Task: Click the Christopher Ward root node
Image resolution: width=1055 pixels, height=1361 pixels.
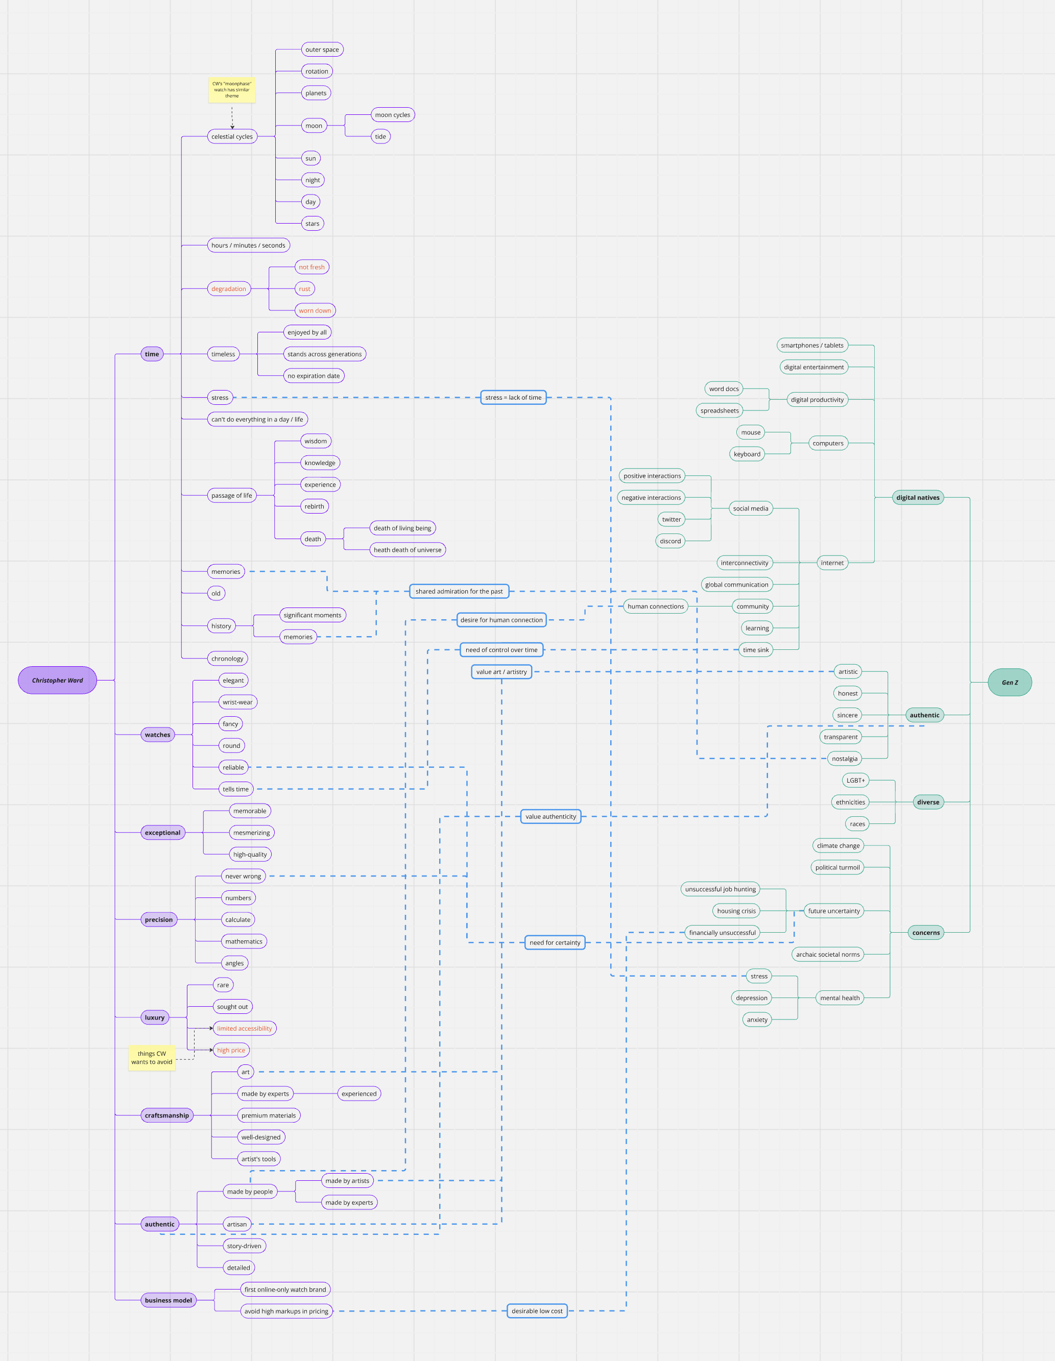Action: (57, 680)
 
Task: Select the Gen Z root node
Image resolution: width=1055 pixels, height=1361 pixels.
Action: (1010, 683)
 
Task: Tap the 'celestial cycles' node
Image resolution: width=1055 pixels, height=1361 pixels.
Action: (232, 136)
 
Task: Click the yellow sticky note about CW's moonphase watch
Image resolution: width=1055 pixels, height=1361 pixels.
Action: (232, 90)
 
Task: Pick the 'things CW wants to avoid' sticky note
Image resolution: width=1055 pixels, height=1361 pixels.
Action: (152, 1058)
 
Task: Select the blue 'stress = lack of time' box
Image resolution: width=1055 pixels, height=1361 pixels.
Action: (513, 398)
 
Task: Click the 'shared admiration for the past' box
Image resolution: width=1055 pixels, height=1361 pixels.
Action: (459, 591)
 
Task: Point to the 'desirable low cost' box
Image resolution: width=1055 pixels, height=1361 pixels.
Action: (537, 1310)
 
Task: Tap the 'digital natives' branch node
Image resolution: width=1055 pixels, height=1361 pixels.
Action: (917, 497)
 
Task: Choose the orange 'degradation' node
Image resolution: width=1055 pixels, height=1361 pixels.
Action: (229, 288)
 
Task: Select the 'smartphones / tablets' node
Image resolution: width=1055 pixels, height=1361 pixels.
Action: (812, 345)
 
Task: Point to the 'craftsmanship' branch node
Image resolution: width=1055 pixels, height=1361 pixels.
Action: (166, 1115)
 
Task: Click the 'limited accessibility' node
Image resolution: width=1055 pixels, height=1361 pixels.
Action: (245, 1028)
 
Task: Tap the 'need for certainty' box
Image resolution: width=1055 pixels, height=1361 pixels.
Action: (555, 942)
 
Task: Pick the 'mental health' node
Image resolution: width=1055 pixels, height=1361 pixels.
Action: (840, 998)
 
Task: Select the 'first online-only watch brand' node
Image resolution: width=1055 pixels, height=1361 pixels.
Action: (285, 1290)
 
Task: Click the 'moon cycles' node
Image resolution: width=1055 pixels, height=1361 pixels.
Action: (393, 115)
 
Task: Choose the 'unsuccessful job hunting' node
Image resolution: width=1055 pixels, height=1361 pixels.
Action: (720, 889)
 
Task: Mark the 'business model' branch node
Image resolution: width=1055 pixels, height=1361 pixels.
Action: (169, 1300)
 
